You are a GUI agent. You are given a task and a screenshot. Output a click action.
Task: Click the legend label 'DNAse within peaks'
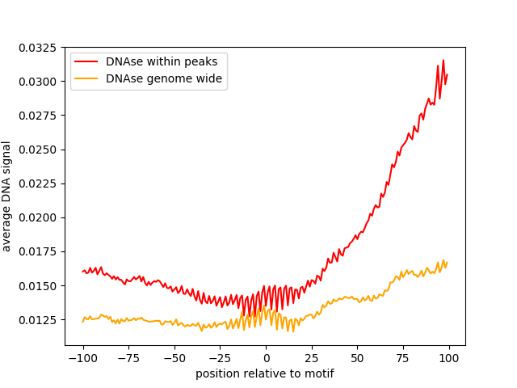click(x=162, y=61)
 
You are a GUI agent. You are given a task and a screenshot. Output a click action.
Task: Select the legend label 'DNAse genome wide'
click(x=164, y=78)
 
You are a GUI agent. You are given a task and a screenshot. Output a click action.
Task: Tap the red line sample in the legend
click(x=86, y=61)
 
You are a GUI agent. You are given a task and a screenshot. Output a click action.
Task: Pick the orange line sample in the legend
click(x=86, y=78)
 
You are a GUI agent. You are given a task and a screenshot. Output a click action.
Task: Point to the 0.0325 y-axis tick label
click(x=38, y=48)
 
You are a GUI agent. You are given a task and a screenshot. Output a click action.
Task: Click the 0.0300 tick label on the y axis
click(x=38, y=82)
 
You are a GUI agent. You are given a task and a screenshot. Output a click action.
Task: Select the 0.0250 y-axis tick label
click(x=38, y=150)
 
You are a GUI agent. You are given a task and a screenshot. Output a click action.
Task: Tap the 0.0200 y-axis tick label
click(x=38, y=217)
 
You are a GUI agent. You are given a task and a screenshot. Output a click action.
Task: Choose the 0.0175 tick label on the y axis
click(x=38, y=251)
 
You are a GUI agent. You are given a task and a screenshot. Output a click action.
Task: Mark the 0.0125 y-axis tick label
click(x=38, y=320)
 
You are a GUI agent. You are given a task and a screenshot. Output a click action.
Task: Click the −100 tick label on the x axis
click(x=82, y=358)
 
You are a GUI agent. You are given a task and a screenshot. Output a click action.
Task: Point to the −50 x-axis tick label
click(x=174, y=358)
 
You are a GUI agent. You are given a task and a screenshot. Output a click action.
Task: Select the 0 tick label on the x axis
click(x=267, y=358)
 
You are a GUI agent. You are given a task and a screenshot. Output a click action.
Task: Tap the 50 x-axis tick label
click(x=357, y=358)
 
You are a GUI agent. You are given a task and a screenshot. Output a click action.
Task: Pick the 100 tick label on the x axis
click(x=449, y=358)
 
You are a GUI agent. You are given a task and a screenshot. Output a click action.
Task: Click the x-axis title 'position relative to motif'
click(x=265, y=373)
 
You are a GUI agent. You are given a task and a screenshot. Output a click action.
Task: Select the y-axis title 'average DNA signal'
click(x=6, y=196)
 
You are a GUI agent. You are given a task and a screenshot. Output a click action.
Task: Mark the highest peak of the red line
click(x=443, y=60)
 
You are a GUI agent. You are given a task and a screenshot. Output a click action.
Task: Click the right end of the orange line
click(x=448, y=262)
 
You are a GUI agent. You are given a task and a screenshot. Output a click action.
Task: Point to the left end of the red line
click(x=82, y=272)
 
